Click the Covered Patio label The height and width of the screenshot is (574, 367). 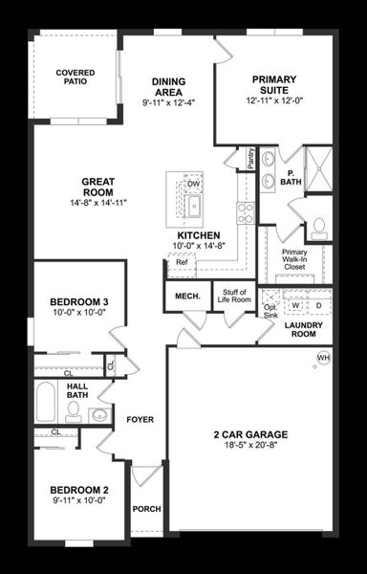(75, 77)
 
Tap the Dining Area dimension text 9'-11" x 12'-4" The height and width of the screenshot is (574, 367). (167, 102)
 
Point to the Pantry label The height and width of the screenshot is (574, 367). (249, 158)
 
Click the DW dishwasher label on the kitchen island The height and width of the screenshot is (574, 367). (193, 184)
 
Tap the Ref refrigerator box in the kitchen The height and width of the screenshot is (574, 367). (182, 261)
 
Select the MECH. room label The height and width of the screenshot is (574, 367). (186, 296)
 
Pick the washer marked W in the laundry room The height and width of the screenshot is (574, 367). (296, 305)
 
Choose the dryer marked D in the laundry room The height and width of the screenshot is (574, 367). (318, 305)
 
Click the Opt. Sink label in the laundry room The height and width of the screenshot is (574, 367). (270, 307)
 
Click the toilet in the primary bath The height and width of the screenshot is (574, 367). (319, 227)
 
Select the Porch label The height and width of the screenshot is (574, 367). (146, 508)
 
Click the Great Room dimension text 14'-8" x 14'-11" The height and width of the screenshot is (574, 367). (98, 203)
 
